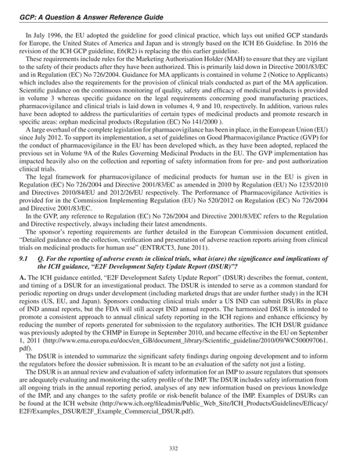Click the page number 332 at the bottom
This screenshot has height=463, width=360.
point(180,447)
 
